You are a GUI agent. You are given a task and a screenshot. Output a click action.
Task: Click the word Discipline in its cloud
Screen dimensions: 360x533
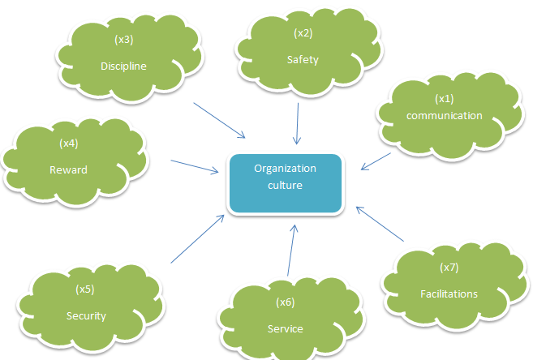coord(123,66)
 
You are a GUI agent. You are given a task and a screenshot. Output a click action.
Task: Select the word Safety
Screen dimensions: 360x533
coord(303,59)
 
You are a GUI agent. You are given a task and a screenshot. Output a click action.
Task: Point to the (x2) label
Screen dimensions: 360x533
coord(302,33)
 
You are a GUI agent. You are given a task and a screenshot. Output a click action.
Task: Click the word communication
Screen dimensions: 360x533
coord(444,115)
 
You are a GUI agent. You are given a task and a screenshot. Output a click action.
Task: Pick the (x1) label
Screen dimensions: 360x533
coord(444,98)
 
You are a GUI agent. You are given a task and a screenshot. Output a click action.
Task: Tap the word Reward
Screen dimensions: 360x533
coord(68,170)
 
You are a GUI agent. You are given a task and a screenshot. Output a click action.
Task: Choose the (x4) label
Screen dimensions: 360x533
coord(68,144)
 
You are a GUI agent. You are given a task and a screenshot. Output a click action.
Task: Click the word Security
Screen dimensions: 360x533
coord(86,315)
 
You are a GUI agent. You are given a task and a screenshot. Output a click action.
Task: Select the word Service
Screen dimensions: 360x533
coord(285,328)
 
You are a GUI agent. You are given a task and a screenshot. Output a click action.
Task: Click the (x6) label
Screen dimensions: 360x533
coord(285,302)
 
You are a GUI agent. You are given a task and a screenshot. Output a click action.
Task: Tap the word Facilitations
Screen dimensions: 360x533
coord(449,294)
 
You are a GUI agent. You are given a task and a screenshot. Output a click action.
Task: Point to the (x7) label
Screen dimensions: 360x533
coord(449,267)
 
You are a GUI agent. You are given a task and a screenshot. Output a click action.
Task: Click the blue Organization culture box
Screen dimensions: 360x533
coord(285,183)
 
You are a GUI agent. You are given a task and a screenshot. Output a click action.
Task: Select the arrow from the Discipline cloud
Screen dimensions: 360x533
coord(219,120)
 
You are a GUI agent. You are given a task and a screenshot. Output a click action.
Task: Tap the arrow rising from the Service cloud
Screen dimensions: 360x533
coord(291,251)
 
